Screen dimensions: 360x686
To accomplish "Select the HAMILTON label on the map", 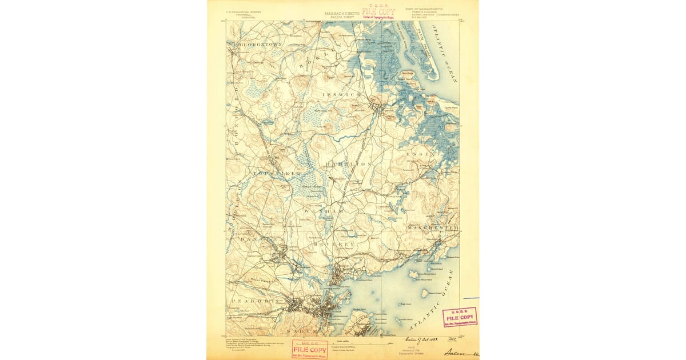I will click(x=349, y=164).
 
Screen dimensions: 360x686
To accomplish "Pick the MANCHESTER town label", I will click(x=433, y=228).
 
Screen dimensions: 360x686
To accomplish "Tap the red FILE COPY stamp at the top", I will click(x=378, y=12).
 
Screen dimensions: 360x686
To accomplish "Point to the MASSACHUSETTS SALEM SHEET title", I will click(x=342, y=14).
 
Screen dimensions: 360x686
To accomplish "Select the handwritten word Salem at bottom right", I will click(x=457, y=353).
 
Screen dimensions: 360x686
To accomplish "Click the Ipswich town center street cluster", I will click(x=377, y=106).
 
